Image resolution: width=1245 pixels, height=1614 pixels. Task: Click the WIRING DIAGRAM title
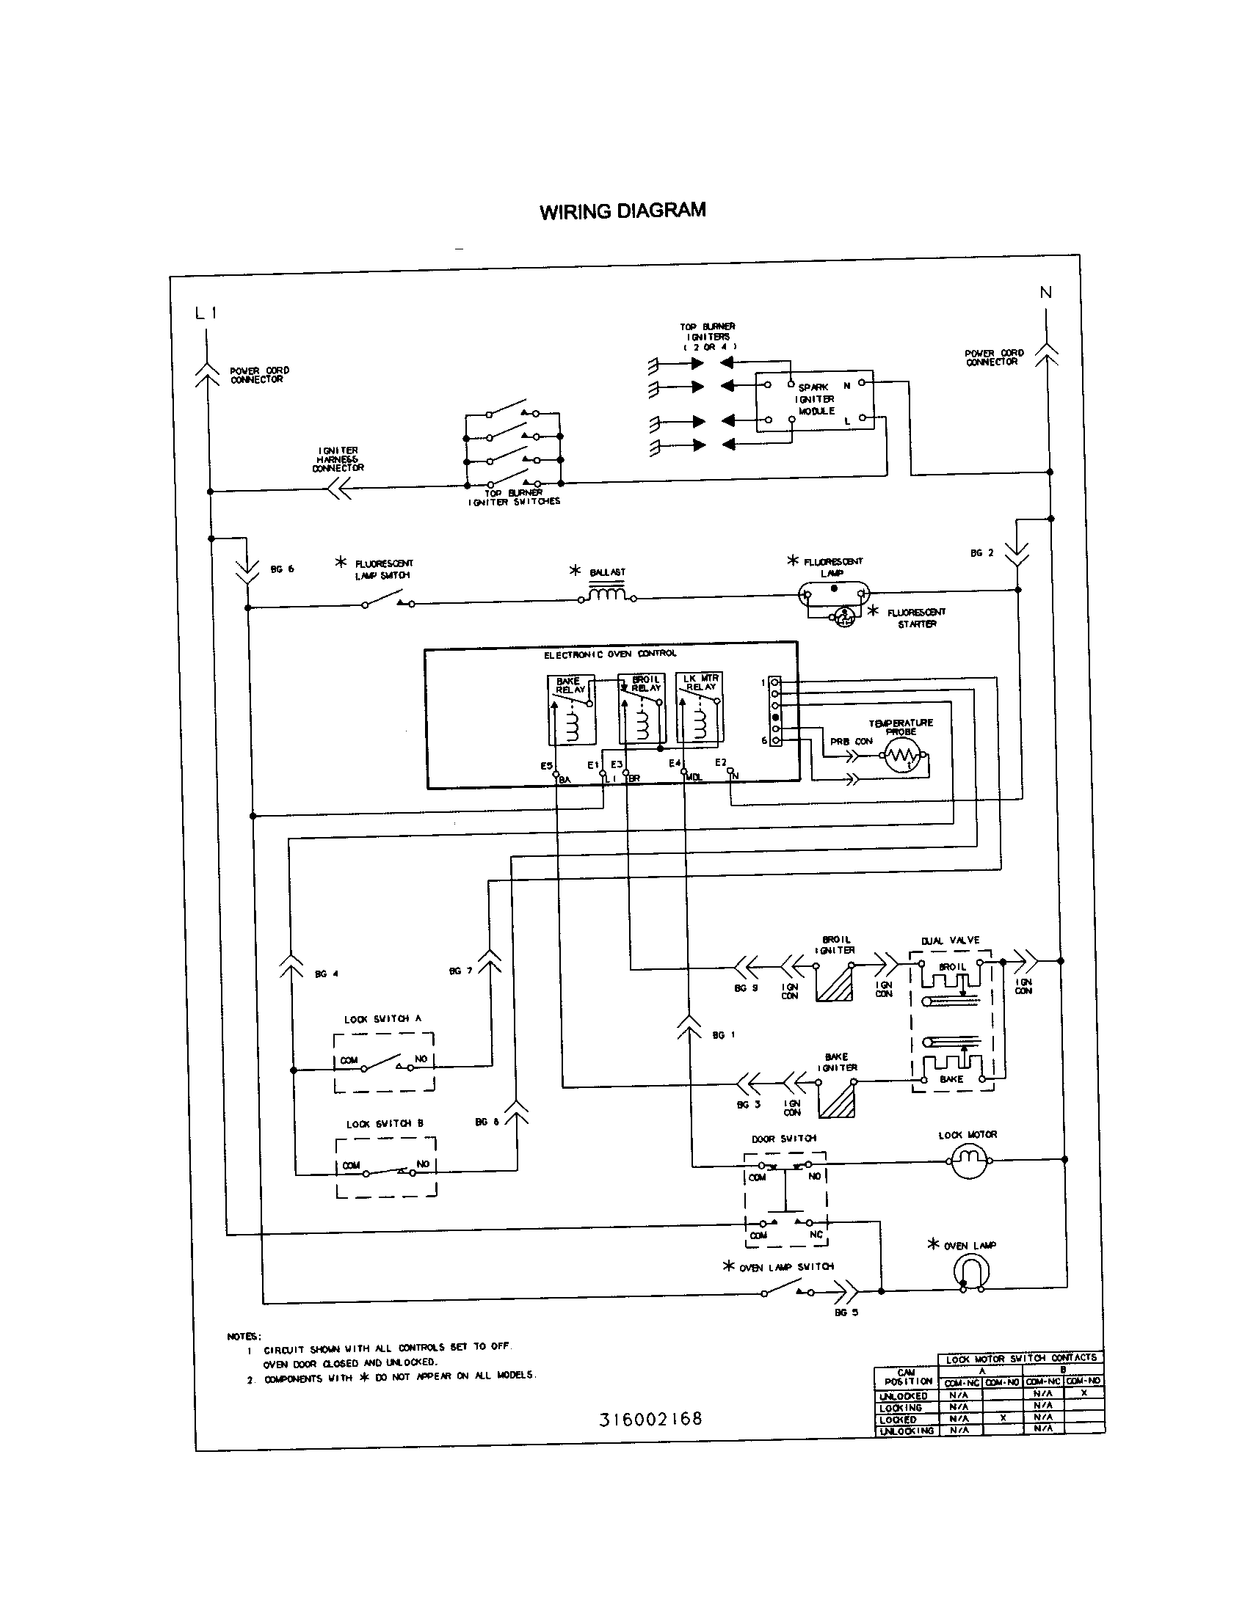click(x=622, y=211)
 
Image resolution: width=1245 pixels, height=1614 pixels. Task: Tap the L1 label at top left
click(x=206, y=313)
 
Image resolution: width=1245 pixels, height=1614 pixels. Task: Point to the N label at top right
click(x=1045, y=293)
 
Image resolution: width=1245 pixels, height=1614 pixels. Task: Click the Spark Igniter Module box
click(x=815, y=402)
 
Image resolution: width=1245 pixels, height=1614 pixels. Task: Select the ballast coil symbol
click(x=607, y=594)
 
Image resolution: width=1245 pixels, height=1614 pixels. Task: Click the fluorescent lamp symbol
click(x=834, y=592)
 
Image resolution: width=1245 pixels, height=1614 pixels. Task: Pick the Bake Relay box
click(x=572, y=710)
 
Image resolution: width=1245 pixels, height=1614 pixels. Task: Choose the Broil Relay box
click(x=641, y=709)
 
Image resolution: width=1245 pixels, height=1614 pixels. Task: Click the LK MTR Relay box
click(x=699, y=707)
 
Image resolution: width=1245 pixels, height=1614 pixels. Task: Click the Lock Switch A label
click(x=382, y=1019)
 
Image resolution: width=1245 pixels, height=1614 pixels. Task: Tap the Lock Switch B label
click(x=385, y=1124)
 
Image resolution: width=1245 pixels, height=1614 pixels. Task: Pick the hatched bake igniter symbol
click(x=838, y=1100)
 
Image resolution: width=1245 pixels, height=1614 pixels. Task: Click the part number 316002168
click(x=650, y=1419)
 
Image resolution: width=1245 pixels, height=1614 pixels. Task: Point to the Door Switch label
click(x=784, y=1139)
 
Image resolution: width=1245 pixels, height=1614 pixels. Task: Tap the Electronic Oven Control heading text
click(x=610, y=654)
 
